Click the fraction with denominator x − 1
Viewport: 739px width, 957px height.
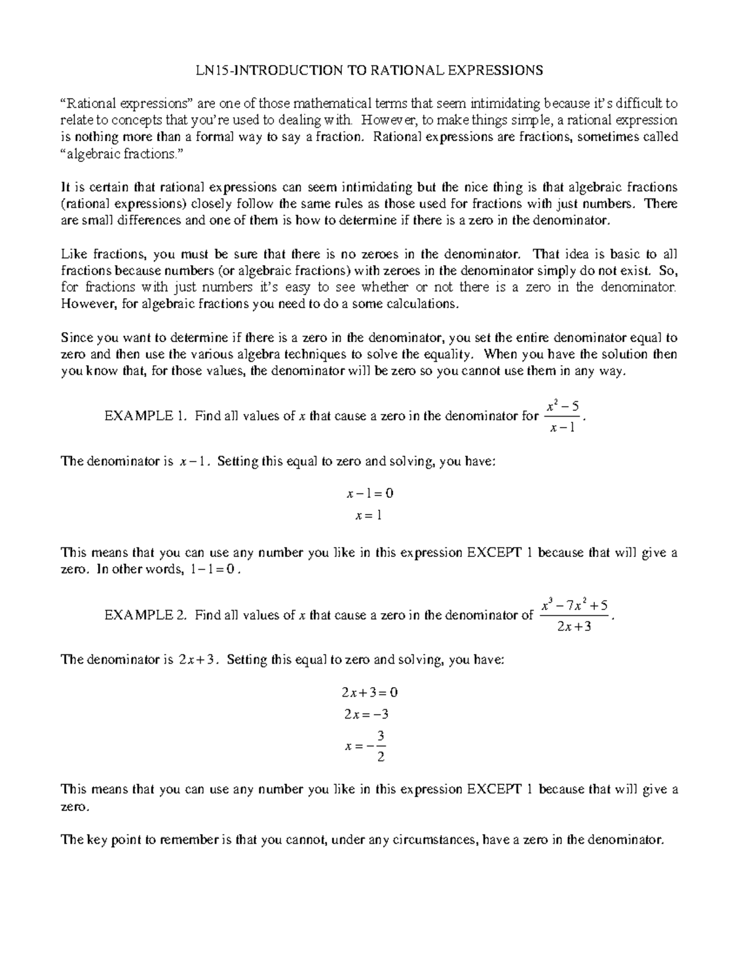[562, 417]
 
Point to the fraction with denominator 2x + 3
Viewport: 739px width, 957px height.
[574, 616]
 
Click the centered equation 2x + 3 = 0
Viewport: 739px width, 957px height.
[369, 692]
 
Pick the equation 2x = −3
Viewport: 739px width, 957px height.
[367, 715]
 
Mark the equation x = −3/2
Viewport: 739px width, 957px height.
[367, 746]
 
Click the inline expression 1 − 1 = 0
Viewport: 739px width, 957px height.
[213, 570]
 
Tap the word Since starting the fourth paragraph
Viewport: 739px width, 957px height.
[75, 338]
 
